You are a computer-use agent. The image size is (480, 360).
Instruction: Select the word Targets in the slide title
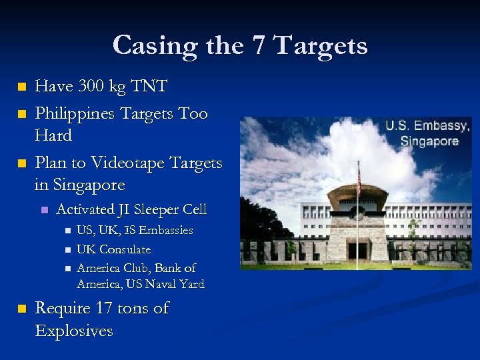click(321, 45)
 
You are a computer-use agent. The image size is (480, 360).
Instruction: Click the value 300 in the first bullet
click(89, 86)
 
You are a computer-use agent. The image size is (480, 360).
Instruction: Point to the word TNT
click(149, 86)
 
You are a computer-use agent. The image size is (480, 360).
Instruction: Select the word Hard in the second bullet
click(53, 135)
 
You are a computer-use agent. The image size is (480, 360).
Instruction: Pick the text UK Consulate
click(114, 249)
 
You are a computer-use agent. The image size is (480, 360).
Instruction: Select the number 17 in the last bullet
click(103, 309)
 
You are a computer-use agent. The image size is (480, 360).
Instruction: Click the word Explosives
click(73, 331)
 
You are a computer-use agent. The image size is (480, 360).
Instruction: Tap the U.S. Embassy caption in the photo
click(428, 126)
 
